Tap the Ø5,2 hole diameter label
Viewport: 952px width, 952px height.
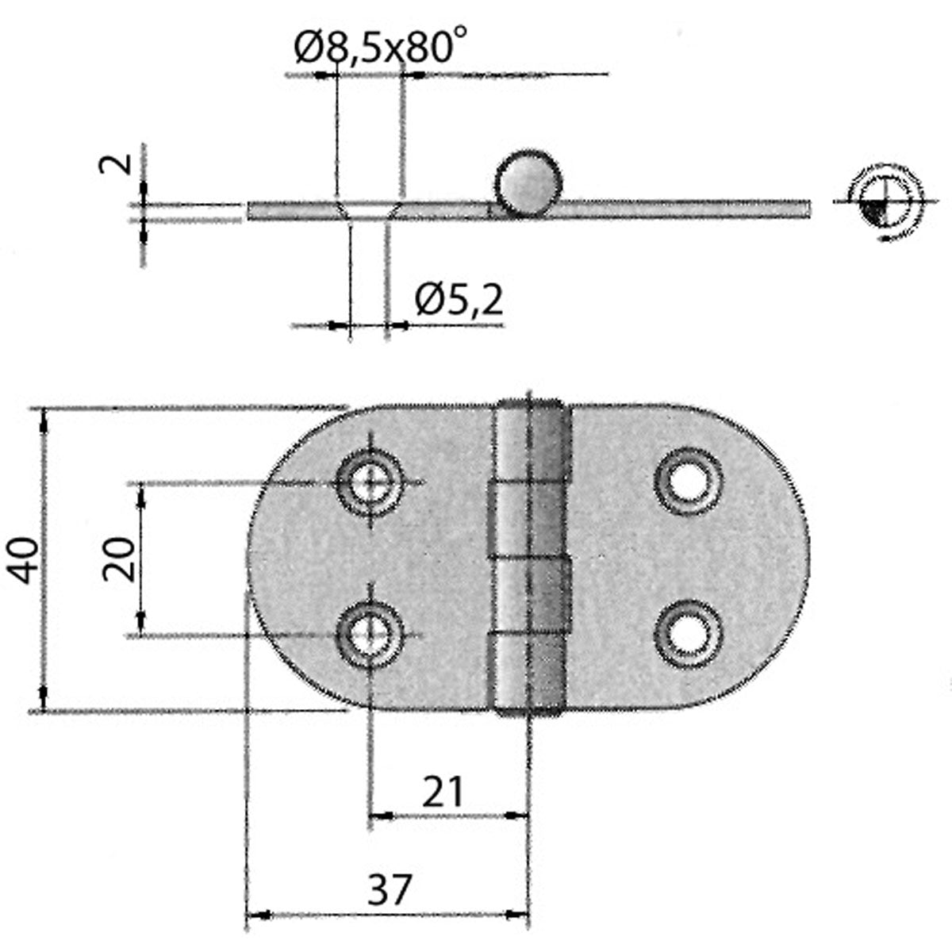pyautogui.click(x=459, y=300)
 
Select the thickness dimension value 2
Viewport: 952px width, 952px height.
pyautogui.click(x=113, y=164)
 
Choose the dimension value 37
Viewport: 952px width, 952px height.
pyautogui.click(x=391, y=890)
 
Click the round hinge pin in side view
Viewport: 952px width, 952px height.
pyautogui.click(x=528, y=183)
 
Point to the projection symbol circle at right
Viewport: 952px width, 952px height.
pyautogui.click(x=881, y=202)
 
